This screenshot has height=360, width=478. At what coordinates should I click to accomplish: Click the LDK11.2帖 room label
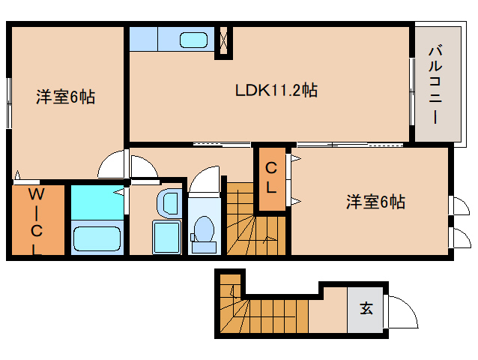coord(276,91)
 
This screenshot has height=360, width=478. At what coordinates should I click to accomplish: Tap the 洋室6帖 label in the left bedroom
coord(66,97)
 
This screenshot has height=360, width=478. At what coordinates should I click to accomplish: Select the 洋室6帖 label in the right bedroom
coord(375,202)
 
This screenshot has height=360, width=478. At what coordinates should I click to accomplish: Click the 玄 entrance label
coord(366,307)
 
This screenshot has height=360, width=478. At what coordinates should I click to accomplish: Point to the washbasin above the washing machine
coord(169,202)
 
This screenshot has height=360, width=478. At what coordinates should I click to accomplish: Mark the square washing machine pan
coord(167,237)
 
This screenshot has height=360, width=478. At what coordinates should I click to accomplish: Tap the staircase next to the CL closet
coord(255,221)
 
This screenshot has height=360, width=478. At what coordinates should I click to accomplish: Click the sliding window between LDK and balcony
coord(411,83)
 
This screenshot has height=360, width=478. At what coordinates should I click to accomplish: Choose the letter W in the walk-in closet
coord(35,193)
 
